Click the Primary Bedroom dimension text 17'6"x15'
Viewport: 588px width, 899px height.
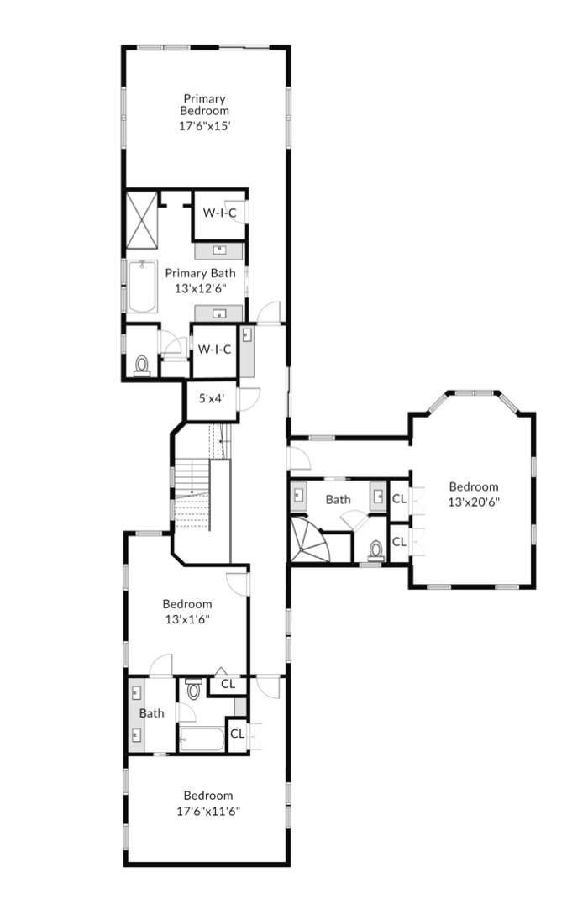pyautogui.click(x=205, y=126)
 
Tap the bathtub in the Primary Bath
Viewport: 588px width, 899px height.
pyautogui.click(x=142, y=287)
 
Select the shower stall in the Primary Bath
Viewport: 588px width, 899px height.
pyautogui.click(x=142, y=220)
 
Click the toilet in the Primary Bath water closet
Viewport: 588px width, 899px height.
pyautogui.click(x=142, y=365)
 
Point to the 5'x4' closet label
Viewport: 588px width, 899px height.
pyautogui.click(x=211, y=398)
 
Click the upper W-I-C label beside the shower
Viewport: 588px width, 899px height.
pyautogui.click(x=219, y=213)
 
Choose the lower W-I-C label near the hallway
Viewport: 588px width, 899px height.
pyautogui.click(x=214, y=350)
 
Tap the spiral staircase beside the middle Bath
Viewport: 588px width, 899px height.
pyautogui.click(x=310, y=539)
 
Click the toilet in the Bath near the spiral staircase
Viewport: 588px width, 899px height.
pyautogui.click(x=376, y=550)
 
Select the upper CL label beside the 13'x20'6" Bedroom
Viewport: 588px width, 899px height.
pyautogui.click(x=399, y=499)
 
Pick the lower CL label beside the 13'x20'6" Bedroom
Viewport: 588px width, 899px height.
pyautogui.click(x=399, y=542)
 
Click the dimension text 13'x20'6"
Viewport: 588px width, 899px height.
pyautogui.click(x=474, y=502)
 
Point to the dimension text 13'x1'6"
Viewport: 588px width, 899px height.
pyautogui.click(x=187, y=619)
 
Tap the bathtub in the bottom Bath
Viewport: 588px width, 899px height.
pyautogui.click(x=202, y=739)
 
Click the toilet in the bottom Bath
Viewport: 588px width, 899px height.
pyautogui.click(x=194, y=690)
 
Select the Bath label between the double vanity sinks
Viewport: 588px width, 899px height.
pyautogui.click(x=152, y=713)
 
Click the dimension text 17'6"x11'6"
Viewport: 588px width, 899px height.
pyautogui.click(x=208, y=812)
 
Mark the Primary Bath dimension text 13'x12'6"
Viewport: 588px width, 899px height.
pyautogui.click(x=201, y=288)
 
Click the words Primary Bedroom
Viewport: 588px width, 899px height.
pyautogui.click(x=205, y=105)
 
